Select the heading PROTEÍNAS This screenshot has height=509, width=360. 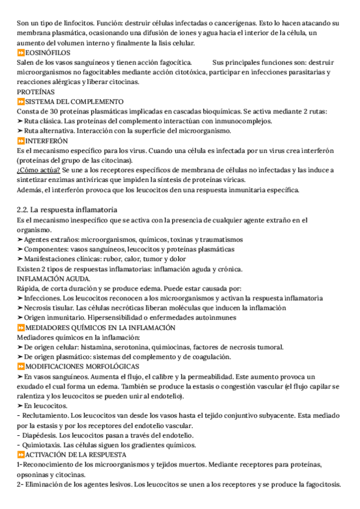35,92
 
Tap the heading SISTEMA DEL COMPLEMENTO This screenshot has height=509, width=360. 74,101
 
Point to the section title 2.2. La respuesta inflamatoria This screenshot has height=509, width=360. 66,209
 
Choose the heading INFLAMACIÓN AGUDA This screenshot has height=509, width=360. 54,279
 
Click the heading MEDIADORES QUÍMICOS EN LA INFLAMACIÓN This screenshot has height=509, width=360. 100,327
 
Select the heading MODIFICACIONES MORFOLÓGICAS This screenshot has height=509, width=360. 82,366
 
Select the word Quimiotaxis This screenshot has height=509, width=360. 40,445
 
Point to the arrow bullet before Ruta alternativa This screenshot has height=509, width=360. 20,131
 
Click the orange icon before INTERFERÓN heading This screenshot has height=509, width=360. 20,140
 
